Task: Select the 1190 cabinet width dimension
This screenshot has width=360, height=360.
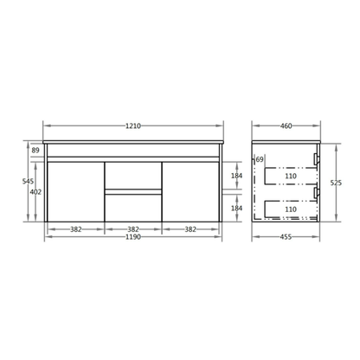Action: (132, 238)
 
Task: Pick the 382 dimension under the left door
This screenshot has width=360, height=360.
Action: (75, 229)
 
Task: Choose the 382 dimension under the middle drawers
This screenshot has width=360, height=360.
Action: (132, 229)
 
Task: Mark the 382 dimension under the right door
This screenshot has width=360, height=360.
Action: (190, 229)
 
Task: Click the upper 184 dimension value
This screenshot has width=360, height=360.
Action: (236, 176)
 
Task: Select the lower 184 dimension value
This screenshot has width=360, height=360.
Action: (236, 208)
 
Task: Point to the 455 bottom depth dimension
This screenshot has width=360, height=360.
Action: (286, 238)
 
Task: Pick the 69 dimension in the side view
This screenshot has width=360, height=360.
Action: (260, 160)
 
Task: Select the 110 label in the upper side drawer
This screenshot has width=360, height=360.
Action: (290, 177)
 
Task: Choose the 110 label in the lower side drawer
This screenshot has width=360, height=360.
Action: (290, 209)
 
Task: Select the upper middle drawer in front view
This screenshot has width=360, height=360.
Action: (132, 176)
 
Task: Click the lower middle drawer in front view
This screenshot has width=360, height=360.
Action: (132, 208)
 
